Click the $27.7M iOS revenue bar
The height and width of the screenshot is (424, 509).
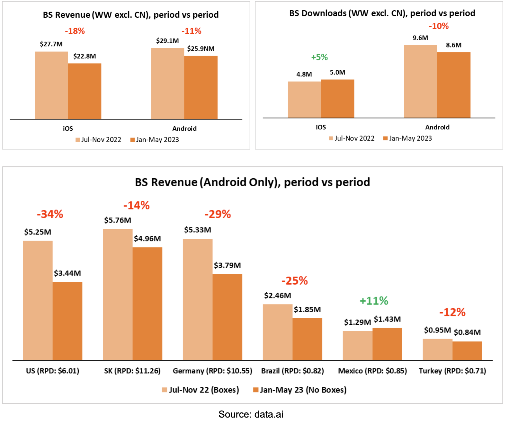pyautogui.click(x=51, y=85)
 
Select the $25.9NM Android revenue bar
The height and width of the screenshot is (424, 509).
pyautogui.click(x=201, y=87)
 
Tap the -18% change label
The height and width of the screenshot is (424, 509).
pyautogui.click(x=75, y=31)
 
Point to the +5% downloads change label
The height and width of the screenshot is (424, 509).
pyautogui.click(x=319, y=57)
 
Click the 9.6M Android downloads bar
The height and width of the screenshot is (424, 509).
pyautogui.click(x=421, y=81)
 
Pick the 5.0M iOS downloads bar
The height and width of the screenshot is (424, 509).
pyautogui.click(x=337, y=99)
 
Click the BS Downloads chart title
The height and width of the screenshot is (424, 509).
pyautogui.click(x=382, y=13)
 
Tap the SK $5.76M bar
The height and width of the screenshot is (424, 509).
pyautogui.click(x=118, y=294)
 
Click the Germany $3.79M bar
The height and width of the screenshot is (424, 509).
pyautogui.click(x=227, y=317)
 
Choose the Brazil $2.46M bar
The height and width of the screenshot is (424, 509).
pyautogui.click(x=278, y=332)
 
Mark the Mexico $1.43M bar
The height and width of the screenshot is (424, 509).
pyautogui.click(x=387, y=344)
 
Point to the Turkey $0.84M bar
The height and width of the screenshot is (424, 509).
pyautogui.click(x=467, y=350)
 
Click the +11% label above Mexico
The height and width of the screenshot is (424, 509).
pyautogui.click(x=374, y=301)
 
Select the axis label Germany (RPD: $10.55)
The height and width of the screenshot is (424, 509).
pyautogui.click(x=212, y=371)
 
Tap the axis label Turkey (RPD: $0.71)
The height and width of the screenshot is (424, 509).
pyautogui.click(x=452, y=371)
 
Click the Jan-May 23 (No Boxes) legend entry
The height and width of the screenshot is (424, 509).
pyautogui.click(x=300, y=390)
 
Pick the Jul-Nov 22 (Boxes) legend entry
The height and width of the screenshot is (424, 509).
pyautogui.click(x=201, y=390)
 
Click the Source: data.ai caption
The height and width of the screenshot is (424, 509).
pyautogui.click(x=251, y=414)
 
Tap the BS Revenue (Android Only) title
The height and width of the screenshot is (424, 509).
pyautogui.click(x=252, y=182)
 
